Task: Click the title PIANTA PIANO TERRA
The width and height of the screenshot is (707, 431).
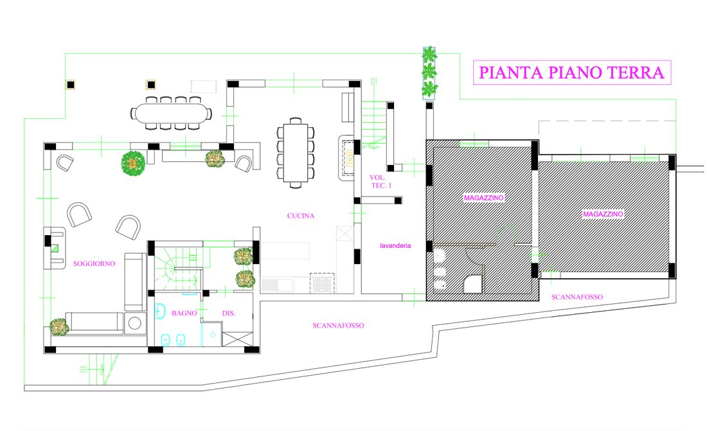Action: click(x=571, y=73)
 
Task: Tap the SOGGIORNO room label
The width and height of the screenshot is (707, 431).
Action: click(x=94, y=264)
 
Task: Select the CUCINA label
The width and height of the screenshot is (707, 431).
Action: click(x=301, y=216)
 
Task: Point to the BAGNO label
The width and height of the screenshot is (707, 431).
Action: click(x=184, y=313)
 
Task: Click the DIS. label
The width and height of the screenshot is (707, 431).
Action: click(x=229, y=313)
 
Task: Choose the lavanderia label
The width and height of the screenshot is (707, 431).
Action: click(x=395, y=246)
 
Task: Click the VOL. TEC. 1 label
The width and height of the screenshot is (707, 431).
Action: click(x=380, y=181)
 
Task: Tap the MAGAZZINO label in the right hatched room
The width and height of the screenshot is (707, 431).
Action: click(x=603, y=214)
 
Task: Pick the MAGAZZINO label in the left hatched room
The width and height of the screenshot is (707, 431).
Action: click(x=484, y=198)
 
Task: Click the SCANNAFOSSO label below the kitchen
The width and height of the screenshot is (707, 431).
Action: click(x=338, y=326)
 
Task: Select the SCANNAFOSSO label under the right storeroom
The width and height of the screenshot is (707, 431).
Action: click(x=577, y=297)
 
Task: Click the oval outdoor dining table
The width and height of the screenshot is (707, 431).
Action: click(x=172, y=112)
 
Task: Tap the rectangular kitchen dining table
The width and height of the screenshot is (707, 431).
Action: click(x=296, y=152)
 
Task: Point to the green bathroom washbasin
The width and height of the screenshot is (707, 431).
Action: click(x=160, y=311)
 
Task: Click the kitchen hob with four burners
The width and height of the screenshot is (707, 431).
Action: click(x=322, y=283)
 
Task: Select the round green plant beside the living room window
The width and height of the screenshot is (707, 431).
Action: click(x=133, y=163)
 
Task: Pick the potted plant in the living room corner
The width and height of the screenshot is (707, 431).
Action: click(x=59, y=327)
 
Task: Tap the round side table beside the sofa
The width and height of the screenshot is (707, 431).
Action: click(x=135, y=323)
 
